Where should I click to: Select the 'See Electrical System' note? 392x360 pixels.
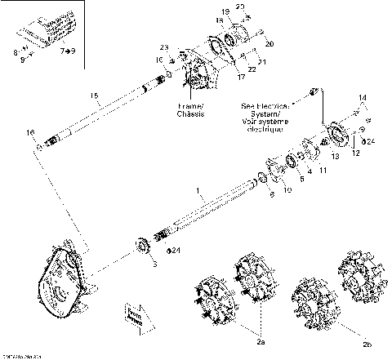click(263, 118)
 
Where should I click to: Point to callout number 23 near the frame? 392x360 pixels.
click(163, 47)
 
